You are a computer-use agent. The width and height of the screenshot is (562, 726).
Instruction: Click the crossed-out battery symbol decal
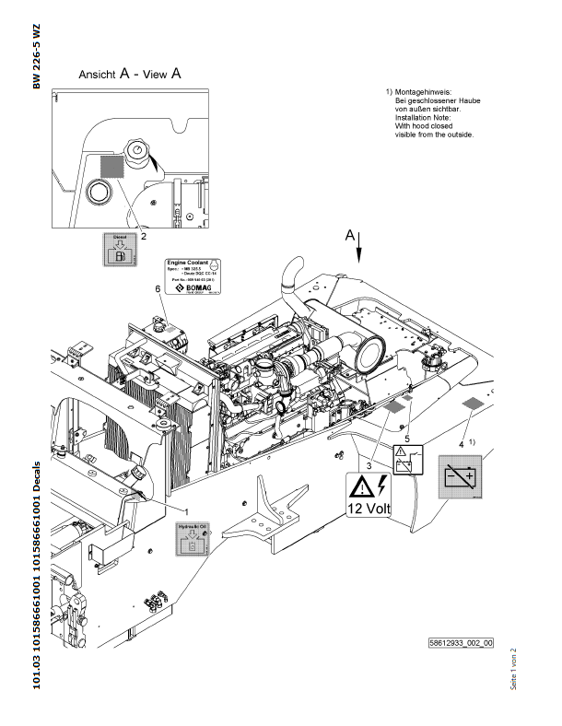pyautogui.click(x=459, y=477)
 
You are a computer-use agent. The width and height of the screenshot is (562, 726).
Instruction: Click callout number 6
pyautogui.click(x=158, y=289)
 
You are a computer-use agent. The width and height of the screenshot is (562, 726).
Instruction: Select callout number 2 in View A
pyautogui.click(x=144, y=235)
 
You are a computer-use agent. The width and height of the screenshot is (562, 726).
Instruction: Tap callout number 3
pyautogui.click(x=369, y=466)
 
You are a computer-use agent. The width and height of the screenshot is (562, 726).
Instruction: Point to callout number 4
pyautogui.click(x=461, y=443)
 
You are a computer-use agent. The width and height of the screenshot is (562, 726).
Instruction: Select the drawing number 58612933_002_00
pyautogui.click(x=461, y=642)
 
